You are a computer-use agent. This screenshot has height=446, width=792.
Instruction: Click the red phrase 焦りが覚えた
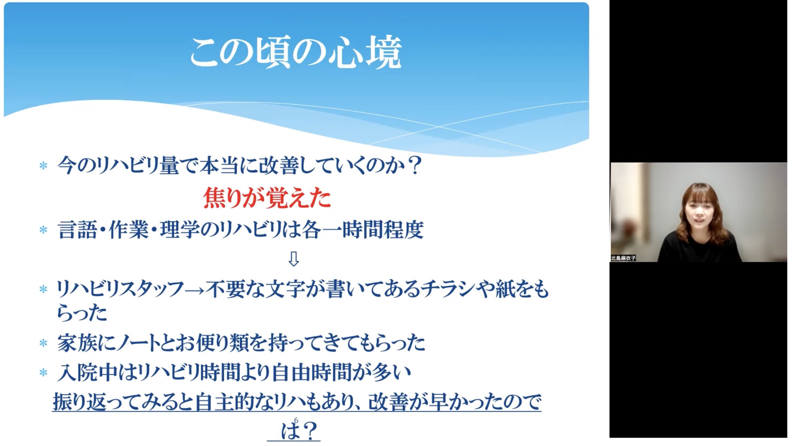coord(267,198)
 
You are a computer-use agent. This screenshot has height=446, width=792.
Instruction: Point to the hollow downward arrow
coord(293,259)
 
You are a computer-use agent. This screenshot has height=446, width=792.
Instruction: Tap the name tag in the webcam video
coord(623,258)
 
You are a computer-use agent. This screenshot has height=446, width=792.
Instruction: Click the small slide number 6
coord(296,420)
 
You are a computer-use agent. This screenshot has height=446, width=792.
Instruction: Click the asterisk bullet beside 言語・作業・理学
coord(43,230)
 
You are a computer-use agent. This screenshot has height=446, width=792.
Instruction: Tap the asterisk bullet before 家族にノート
coord(43,343)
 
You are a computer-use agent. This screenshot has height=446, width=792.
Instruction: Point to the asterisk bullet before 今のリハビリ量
coord(43,166)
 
